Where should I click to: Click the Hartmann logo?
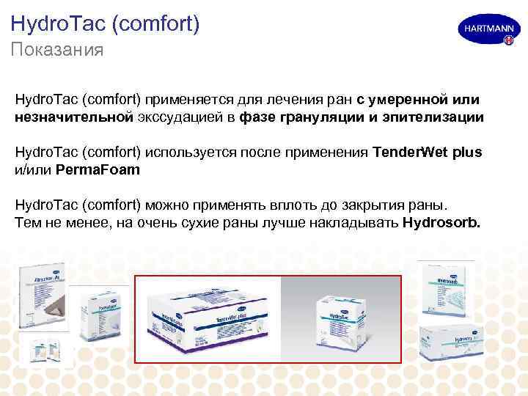(x=485, y=32)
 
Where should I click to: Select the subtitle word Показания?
(x=56, y=51)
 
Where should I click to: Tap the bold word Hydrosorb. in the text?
(x=442, y=222)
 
